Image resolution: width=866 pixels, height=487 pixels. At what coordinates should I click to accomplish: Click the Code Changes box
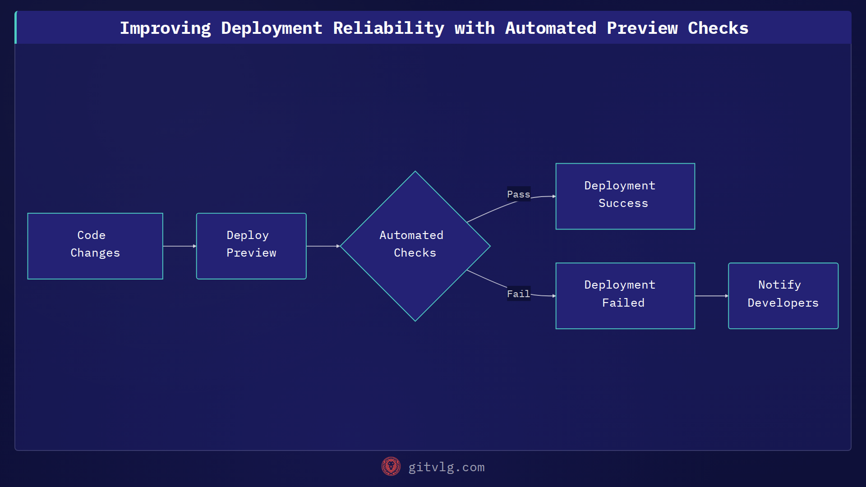point(95,246)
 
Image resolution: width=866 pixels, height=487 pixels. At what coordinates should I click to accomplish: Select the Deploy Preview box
point(251,246)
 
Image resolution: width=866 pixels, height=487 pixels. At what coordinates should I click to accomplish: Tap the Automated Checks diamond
point(415,246)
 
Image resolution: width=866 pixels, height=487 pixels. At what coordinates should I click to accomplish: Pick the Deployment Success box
point(625,196)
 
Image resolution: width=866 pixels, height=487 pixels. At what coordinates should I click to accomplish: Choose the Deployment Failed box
point(625,296)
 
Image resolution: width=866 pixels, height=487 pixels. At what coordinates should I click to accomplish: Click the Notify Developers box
point(783,296)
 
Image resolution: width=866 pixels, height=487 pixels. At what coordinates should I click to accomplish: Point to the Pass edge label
point(518,194)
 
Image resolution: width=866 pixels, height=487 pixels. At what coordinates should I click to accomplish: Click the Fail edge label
point(518,294)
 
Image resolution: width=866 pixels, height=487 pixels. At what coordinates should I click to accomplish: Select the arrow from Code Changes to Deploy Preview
point(180,246)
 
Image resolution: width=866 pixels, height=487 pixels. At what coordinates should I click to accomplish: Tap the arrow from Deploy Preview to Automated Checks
point(323,246)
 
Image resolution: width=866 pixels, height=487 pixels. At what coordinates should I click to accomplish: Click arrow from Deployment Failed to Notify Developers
point(711,296)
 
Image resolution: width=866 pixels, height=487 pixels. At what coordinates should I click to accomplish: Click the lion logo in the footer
point(391,467)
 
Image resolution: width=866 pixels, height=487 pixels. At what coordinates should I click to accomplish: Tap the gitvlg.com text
point(447,467)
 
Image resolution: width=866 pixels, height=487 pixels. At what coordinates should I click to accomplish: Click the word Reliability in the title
point(388,28)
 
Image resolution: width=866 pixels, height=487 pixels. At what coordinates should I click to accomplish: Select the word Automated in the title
point(551,28)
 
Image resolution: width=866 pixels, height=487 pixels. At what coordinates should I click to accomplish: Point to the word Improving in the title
point(165,28)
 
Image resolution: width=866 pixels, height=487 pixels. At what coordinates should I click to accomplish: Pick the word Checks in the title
point(718,28)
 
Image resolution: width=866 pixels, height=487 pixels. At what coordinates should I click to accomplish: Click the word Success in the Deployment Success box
point(623,203)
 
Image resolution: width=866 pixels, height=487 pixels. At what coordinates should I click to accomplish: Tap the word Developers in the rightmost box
point(783,303)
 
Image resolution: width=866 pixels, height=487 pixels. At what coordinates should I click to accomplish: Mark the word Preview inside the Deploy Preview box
point(251,253)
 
